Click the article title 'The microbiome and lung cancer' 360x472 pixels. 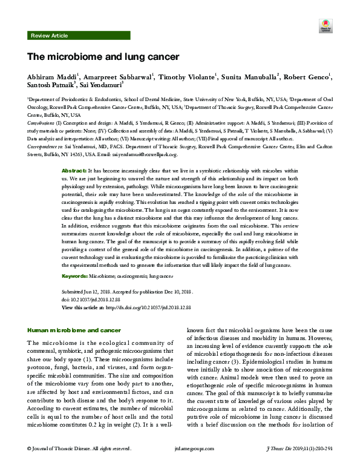tap(102, 57)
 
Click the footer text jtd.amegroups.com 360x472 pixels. tap(180, 465)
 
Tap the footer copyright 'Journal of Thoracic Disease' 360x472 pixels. tap(66, 465)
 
